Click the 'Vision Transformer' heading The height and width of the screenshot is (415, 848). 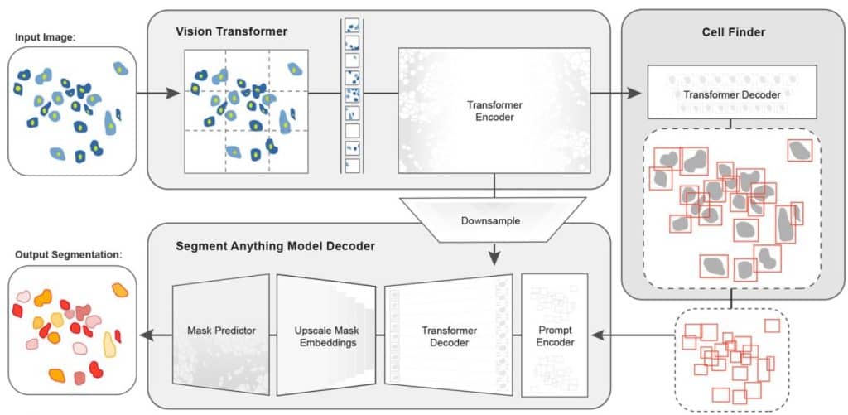[231, 31]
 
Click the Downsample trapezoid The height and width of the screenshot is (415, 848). [494, 221]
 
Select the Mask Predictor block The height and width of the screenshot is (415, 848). [221, 331]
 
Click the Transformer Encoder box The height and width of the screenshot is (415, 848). [494, 111]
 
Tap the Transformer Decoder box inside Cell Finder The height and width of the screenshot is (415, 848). [731, 95]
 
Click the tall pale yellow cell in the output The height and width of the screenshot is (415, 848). [109, 344]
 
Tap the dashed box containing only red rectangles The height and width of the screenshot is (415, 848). [731, 359]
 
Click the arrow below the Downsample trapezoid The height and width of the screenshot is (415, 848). [494, 253]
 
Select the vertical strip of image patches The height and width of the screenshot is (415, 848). [351, 96]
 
